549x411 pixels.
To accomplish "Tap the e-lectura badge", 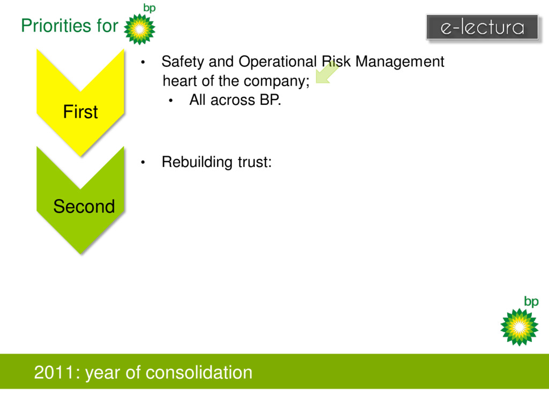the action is pos(482,27).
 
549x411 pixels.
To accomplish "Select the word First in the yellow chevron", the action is pos(80,112).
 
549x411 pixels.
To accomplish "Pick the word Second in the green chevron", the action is pos(84,206).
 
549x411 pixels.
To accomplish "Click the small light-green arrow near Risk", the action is pos(327,72).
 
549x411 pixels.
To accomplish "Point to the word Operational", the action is pos(278,62).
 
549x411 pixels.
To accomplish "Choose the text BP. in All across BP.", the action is pos(270,100).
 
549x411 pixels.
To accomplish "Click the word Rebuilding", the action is pos(197,162).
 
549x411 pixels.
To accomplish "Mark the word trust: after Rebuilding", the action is pos(255,162).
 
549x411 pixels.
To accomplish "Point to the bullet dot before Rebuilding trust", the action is pos(143,162).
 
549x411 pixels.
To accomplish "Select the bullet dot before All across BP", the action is pos(171,101).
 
